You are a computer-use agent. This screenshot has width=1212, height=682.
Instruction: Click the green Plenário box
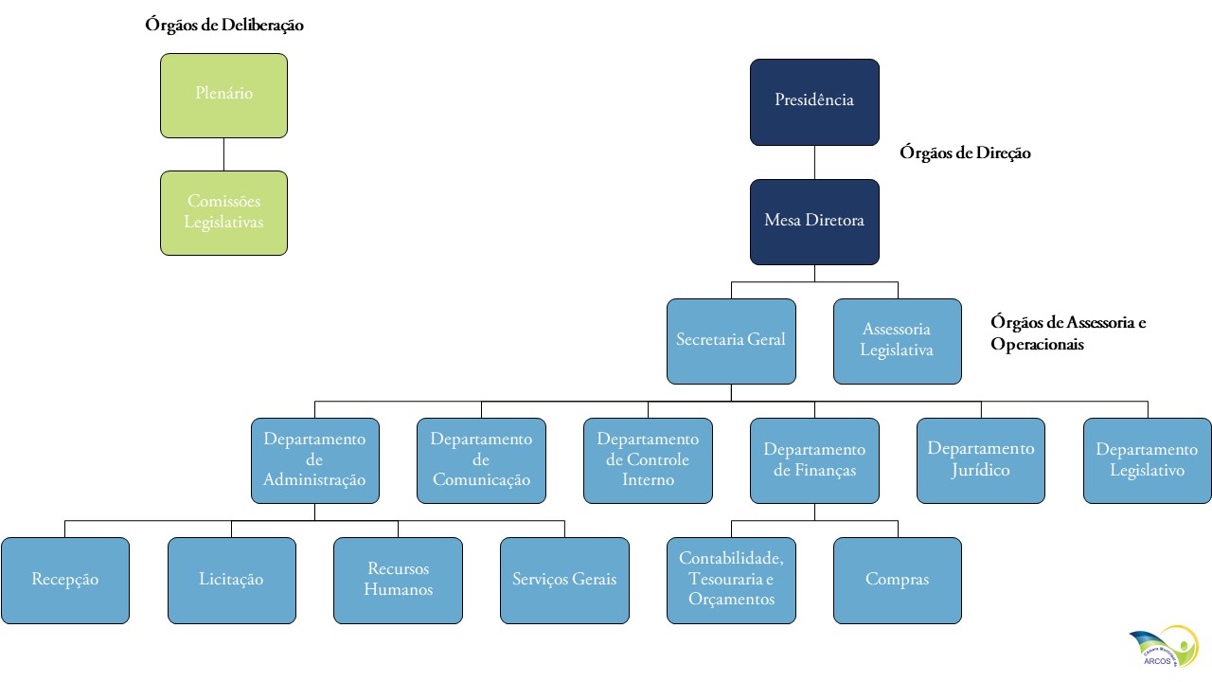point(223,95)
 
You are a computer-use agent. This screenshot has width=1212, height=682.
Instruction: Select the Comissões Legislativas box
point(223,212)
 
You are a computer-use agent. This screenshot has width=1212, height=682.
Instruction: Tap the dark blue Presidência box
point(814,101)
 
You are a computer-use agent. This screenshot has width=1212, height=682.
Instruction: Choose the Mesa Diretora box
point(814,222)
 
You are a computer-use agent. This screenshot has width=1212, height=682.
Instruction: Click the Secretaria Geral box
point(731,341)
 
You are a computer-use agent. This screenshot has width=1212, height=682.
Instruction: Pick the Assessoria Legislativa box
point(897,341)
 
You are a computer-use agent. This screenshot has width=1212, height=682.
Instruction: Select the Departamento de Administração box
point(314,460)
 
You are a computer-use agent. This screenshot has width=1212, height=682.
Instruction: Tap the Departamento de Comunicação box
point(481,460)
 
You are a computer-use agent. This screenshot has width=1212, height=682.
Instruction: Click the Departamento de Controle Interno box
point(648,460)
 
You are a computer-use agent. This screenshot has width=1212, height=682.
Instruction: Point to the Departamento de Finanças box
point(814,460)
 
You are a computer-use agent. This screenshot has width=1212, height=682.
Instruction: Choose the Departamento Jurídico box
point(981,460)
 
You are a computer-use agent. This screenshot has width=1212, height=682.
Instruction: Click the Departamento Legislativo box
point(1148,460)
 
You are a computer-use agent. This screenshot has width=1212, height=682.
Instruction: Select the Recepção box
point(64,580)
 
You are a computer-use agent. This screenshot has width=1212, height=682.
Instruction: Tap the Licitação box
point(231,580)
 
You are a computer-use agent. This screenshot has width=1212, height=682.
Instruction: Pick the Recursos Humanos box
point(398,580)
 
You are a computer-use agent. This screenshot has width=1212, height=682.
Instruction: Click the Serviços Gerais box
point(564,580)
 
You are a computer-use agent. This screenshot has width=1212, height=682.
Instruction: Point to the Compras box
point(897,580)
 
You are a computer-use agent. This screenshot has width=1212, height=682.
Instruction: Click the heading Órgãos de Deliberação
point(224,26)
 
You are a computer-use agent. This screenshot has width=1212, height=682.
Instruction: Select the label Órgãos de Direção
point(966,153)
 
